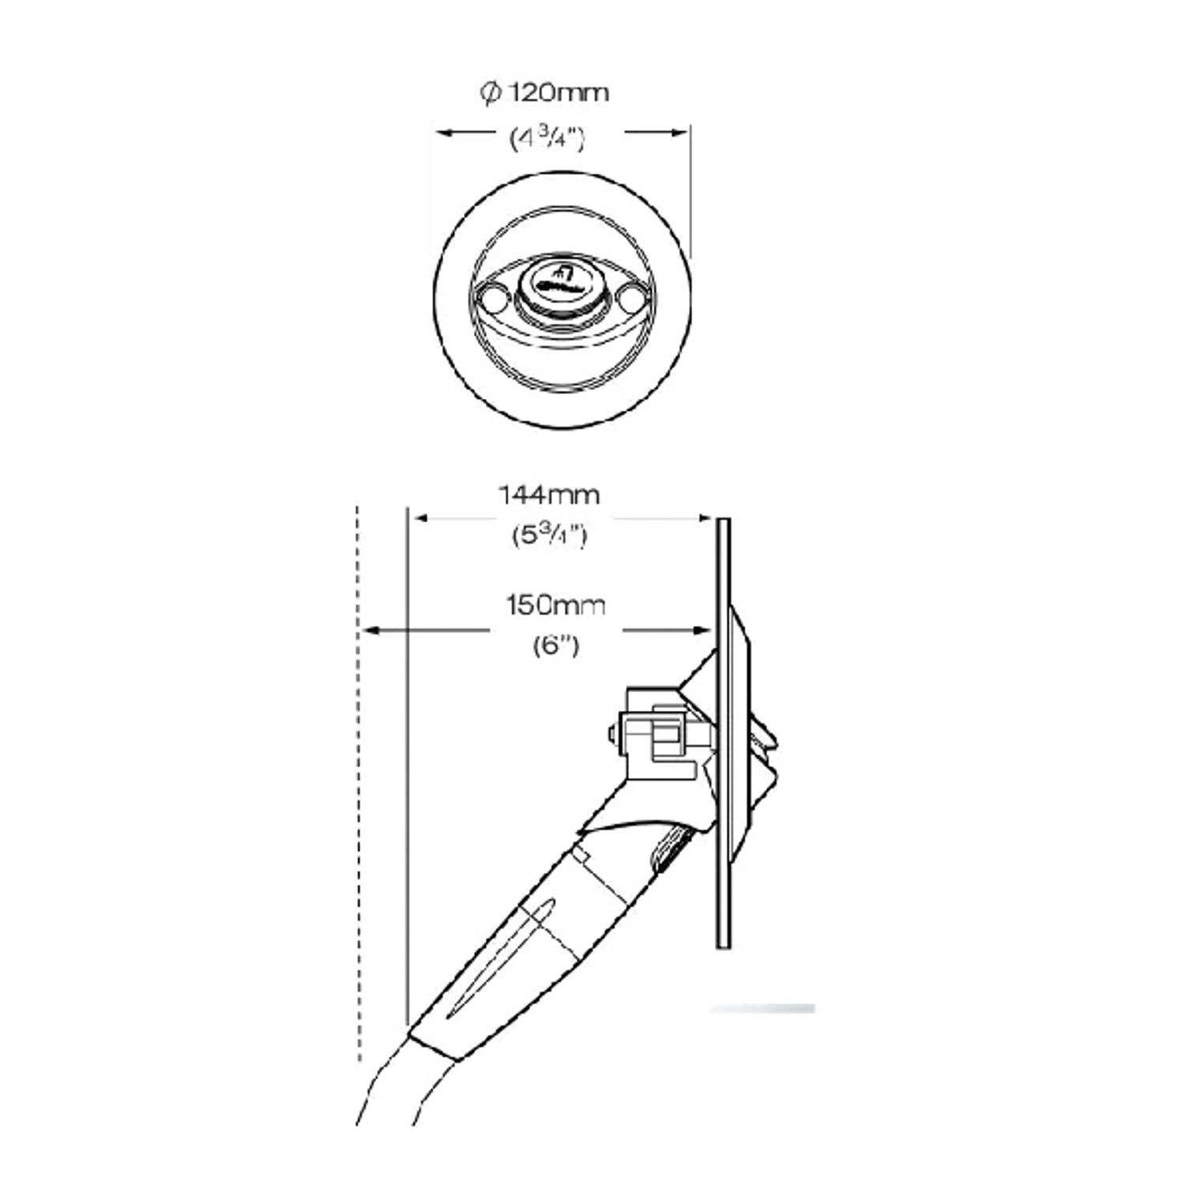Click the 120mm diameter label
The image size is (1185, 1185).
pyautogui.click(x=557, y=93)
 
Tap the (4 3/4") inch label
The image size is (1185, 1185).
pyautogui.click(x=547, y=140)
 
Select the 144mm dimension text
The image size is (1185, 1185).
pyautogui.click(x=548, y=495)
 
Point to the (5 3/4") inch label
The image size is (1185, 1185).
pyautogui.click(x=548, y=536)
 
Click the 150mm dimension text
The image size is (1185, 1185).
pyautogui.click(x=555, y=606)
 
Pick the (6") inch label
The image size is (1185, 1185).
pyautogui.click(x=557, y=646)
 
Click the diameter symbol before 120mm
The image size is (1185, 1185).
pyautogui.click(x=490, y=93)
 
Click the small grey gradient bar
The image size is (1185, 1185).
pyautogui.click(x=762, y=1009)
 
